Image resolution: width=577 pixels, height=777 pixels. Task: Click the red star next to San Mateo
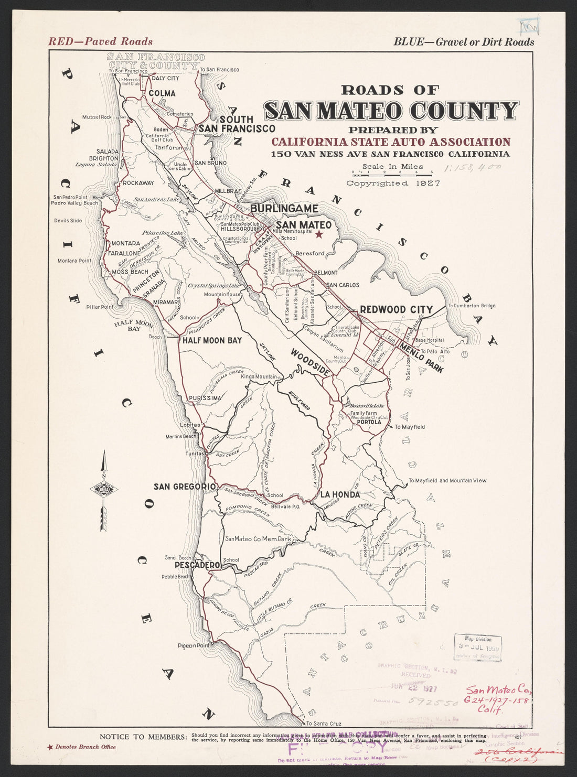319,234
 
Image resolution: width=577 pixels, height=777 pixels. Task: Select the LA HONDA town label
340,494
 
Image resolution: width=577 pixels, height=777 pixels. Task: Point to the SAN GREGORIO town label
185,487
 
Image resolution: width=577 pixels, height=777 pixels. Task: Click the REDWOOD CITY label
396,310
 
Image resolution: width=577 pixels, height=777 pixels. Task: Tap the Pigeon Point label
193,645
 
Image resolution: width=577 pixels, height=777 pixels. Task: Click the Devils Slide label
68,221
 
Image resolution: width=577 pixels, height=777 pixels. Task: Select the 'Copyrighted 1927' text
392,184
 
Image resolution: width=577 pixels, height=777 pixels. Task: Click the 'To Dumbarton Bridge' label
471,306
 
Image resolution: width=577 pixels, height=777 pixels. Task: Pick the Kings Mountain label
259,377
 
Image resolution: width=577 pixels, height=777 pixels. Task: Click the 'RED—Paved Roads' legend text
100,41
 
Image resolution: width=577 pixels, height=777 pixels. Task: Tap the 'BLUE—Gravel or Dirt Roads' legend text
464,42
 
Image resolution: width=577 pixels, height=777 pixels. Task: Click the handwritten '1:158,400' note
472,168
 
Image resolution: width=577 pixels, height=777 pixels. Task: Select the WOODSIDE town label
311,362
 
